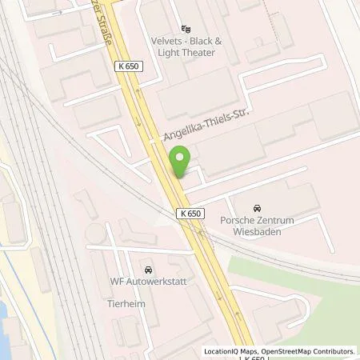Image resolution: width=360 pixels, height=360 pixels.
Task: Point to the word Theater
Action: (x=198, y=53)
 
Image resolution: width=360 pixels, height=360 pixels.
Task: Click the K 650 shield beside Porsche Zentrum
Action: (x=190, y=213)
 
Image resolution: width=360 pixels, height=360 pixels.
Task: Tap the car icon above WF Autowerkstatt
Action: (x=147, y=268)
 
